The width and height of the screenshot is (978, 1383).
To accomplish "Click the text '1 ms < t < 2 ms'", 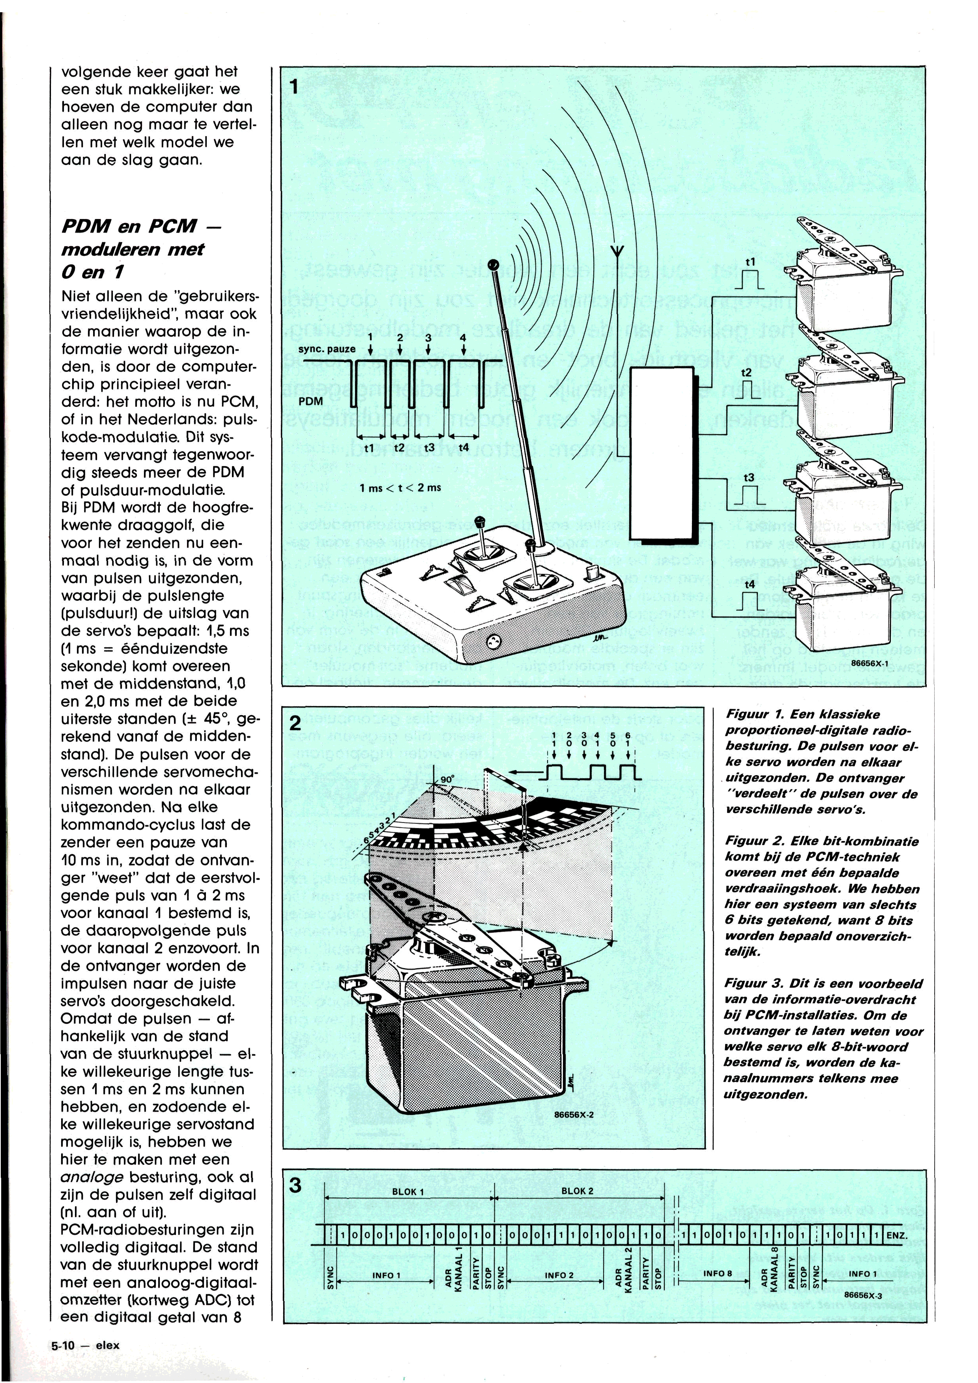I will [x=400, y=488].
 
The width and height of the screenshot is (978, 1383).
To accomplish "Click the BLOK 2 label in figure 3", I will [x=577, y=1175].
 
